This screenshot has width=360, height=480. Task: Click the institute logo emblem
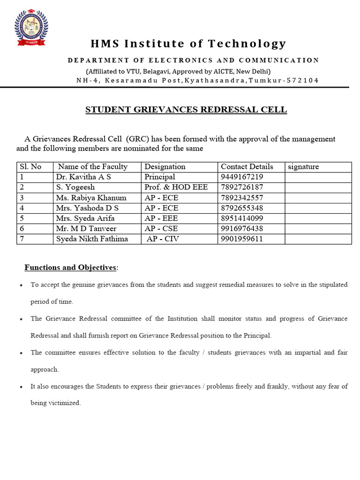coord(31,28)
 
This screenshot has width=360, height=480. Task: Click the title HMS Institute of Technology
coord(188,44)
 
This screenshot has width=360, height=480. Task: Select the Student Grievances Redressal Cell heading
coord(186,110)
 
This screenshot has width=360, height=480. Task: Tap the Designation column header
coord(165,166)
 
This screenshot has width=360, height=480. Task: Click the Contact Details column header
coord(247,166)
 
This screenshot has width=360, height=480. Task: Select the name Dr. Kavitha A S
coord(83,177)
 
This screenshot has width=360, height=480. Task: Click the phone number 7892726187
coord(242,187)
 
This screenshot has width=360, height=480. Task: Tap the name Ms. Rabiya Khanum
coord(91,197)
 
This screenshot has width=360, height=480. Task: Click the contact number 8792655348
coord(242,208)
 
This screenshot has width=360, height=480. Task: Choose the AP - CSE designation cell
coord(162,228)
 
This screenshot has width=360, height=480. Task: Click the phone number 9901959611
coord(242,239)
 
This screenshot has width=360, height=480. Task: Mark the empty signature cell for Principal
coord(318,177)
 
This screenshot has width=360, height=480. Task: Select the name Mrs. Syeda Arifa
coord(85,218)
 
